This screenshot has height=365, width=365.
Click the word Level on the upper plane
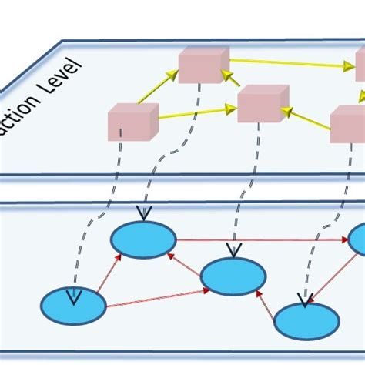tap(65, 85)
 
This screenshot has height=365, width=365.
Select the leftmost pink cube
tap(132, 122)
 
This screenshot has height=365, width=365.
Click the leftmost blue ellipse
tap(73, 306)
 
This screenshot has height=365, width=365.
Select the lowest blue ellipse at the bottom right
tap(306, 321)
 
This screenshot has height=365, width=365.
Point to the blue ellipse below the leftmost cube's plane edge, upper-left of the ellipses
tap(143, 239)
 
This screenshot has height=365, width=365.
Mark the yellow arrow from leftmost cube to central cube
tap(197, 112)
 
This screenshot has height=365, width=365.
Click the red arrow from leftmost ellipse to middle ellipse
tap(158, 300)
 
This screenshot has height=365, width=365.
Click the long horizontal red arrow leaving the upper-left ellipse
tap(262, 239)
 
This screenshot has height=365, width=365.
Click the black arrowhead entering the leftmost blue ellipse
tap(74, 297)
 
